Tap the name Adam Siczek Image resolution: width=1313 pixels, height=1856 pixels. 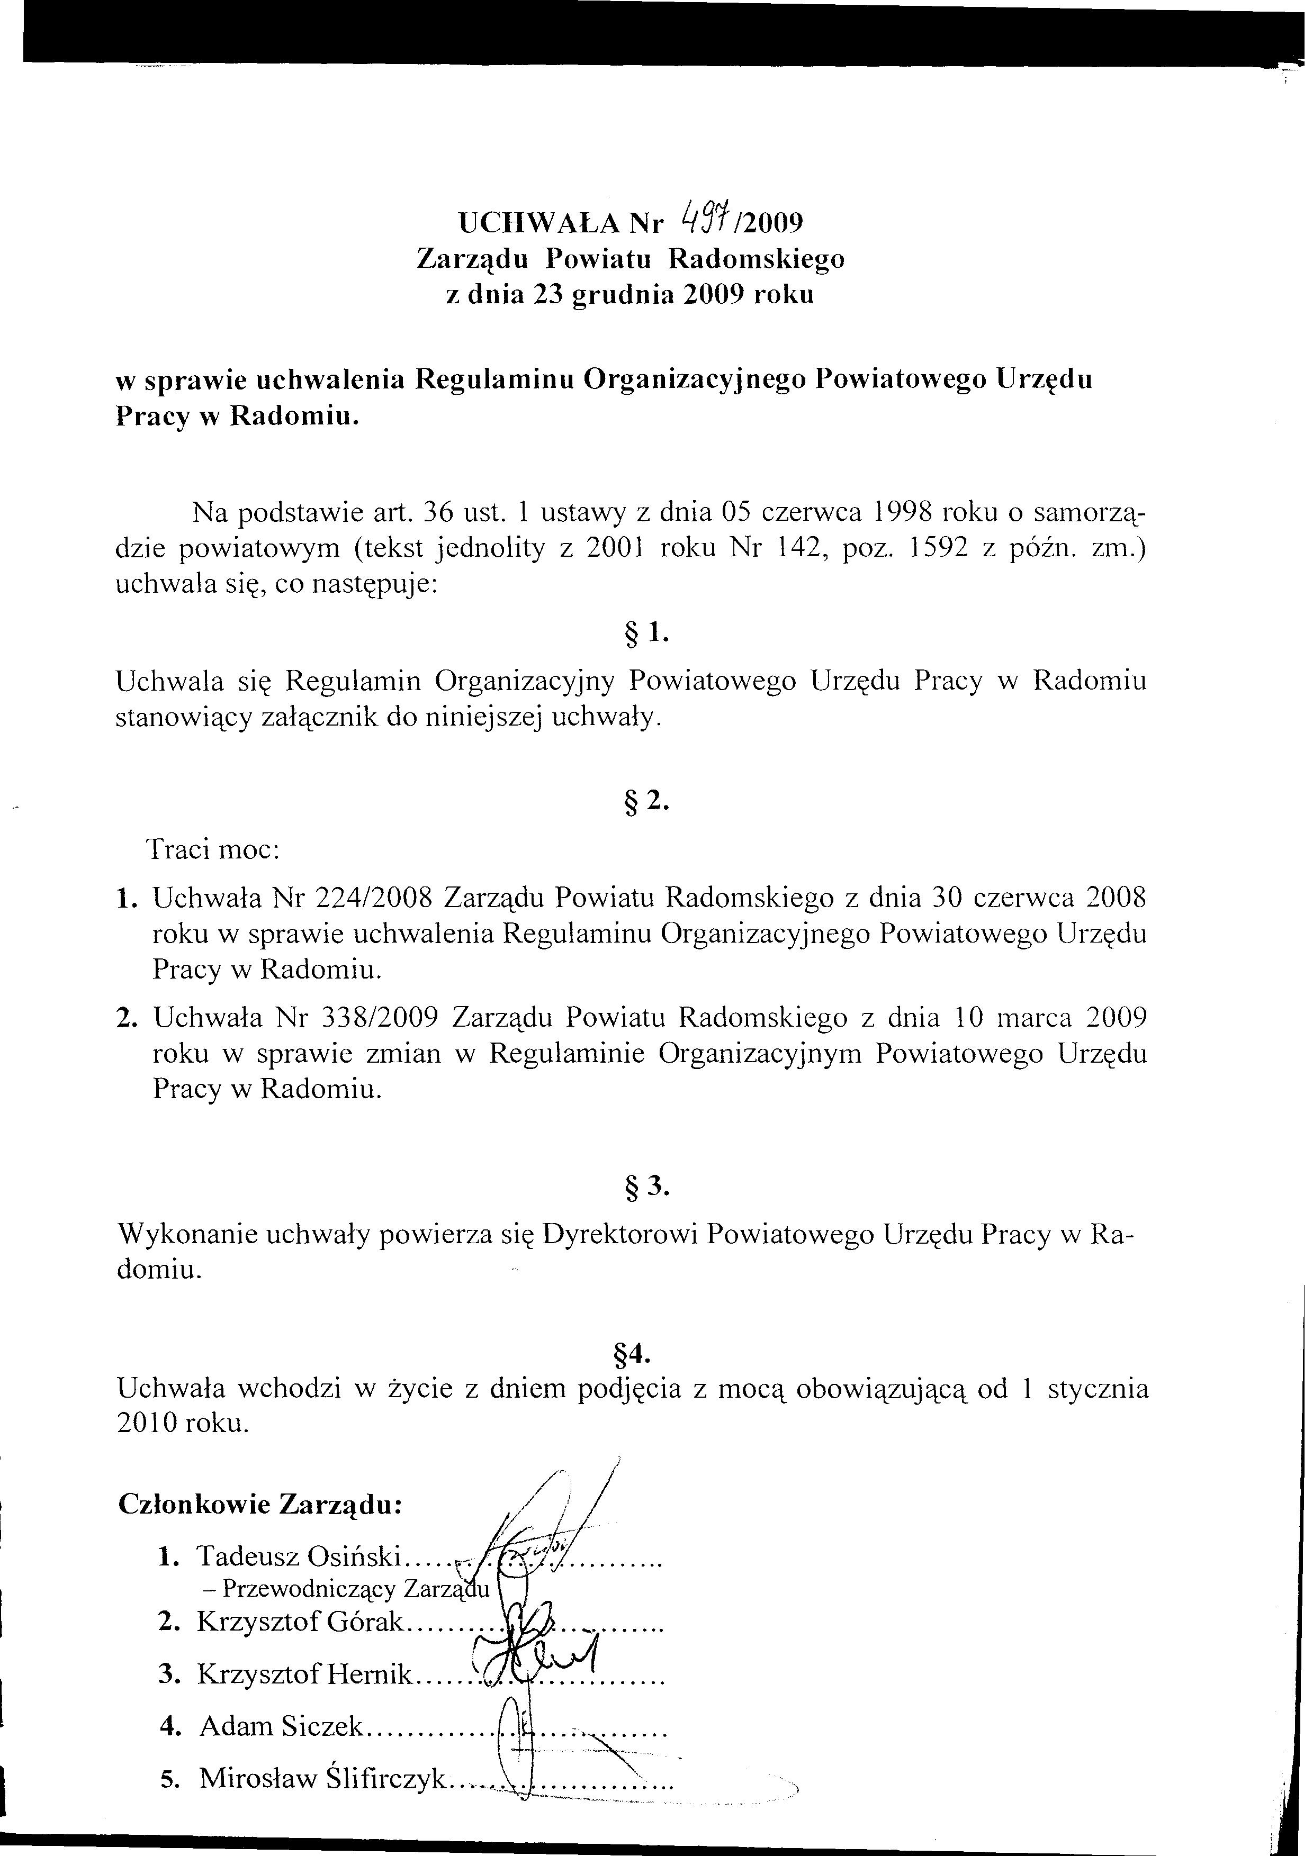click(282, 1727)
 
